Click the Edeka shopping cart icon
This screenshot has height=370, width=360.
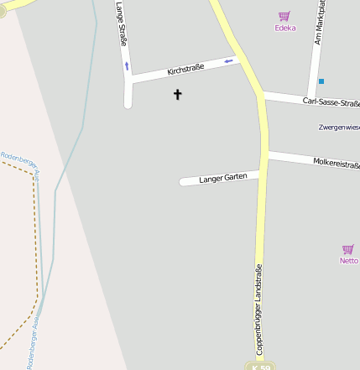pos(284,16)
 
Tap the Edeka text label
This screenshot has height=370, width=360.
pos(285,28)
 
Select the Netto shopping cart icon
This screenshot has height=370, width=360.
pos(347,249)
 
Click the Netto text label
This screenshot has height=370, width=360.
pos(348,261)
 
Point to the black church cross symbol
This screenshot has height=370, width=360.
pos(177,95)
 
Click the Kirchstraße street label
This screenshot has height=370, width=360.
pos(185,70)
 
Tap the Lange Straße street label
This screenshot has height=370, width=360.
pos(123,23)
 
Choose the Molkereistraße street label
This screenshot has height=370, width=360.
pos(336,161)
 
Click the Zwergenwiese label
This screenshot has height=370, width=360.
pos(339,128)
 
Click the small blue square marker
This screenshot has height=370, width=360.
pos(321,81)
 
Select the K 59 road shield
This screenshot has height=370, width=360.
pos(260,367)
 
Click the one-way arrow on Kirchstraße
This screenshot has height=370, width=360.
pos(228,60)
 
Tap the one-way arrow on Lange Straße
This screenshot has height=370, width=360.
pos(127,65)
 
